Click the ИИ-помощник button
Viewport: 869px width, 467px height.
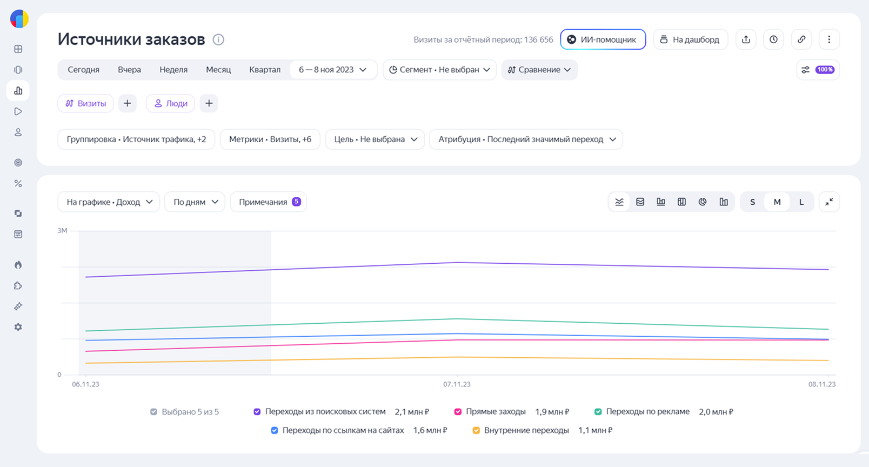pos(603,39)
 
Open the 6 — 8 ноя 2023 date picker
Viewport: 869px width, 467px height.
pos(333,70)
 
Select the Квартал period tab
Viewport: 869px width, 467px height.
pos(265,70)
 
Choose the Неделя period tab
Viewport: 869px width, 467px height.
pos(173,70)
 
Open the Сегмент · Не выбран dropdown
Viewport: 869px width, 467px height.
pos(439,70)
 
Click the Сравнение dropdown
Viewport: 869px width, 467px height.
pos(539,70)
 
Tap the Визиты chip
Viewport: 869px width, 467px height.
pos(86,104)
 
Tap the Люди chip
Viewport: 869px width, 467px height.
pos(170,104)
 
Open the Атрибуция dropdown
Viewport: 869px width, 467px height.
pos(526,139)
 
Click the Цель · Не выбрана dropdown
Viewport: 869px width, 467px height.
pos(375,139)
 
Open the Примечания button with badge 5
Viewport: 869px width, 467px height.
pos(269,202)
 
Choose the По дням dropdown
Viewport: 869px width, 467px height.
pos(195,202)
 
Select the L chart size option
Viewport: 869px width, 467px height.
pos(801,202)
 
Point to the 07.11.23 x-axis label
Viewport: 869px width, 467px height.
pos(457,384)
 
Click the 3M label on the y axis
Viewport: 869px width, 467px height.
pos(63,231)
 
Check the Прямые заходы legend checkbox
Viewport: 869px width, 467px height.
pos(458,412)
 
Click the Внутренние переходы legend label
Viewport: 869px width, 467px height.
pos(526,431)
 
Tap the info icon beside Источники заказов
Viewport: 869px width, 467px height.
pos(218,39)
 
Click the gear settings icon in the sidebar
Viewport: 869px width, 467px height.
pos(18,328)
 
